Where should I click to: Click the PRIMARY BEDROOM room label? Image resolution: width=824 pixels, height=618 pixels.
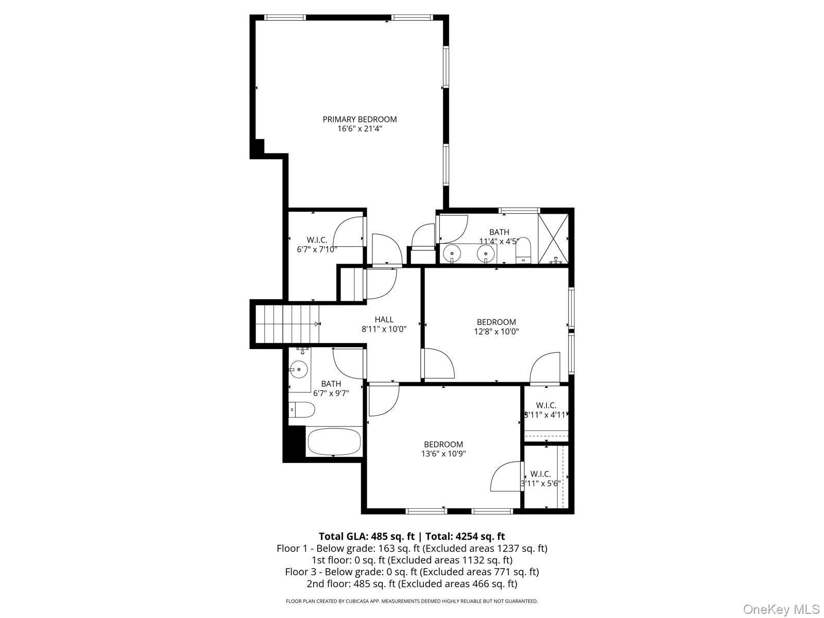359,119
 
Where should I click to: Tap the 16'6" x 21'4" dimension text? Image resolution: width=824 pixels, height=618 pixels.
359,129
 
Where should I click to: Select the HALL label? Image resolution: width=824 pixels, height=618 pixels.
384,319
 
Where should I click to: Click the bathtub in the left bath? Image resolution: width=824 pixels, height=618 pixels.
334,441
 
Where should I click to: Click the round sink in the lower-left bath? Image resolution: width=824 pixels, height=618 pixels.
298,369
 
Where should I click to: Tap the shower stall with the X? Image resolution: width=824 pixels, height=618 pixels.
554,238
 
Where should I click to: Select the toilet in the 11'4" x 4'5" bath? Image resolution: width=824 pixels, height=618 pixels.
523,251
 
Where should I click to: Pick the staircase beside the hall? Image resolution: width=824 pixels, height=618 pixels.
286,323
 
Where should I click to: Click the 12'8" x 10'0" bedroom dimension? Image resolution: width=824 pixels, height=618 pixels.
496,332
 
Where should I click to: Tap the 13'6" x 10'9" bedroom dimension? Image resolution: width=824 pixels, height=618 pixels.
443,454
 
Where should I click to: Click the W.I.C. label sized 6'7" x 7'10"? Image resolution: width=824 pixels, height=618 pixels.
317,240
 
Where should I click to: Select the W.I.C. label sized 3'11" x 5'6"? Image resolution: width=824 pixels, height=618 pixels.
540,474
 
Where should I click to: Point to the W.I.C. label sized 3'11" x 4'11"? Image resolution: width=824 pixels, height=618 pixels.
546,405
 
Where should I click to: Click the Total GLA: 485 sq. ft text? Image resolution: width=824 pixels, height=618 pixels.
366,536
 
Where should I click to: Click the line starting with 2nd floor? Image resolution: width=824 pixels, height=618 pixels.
411,583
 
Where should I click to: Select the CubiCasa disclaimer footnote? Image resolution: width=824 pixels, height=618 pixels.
411,601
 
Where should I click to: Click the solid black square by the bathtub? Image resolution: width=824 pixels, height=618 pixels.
294,442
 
